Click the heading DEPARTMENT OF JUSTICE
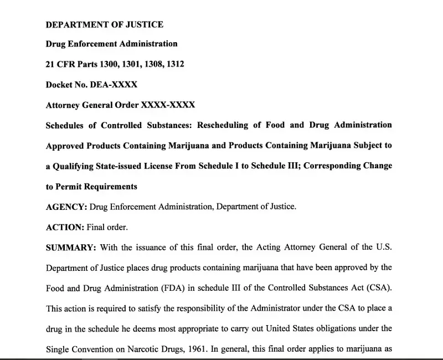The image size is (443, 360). point(104,24)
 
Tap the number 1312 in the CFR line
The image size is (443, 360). point(173,64)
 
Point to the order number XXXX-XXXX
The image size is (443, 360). point(168,105)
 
